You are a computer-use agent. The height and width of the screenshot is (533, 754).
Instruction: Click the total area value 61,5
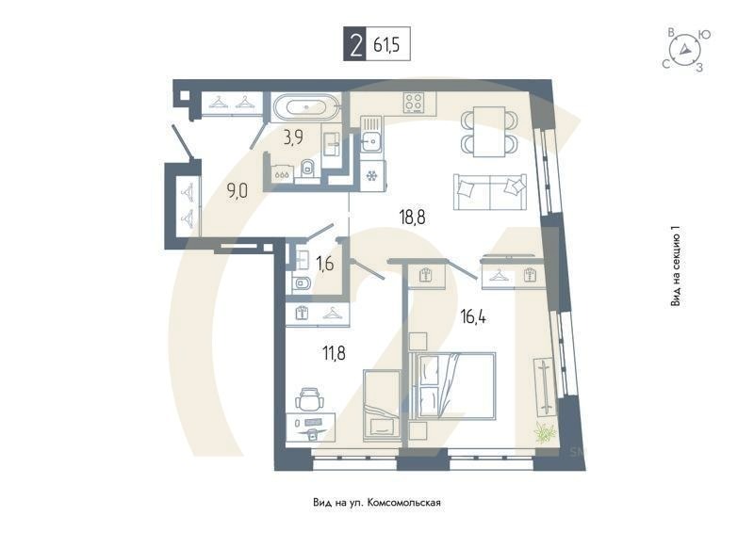(x=390, y=45)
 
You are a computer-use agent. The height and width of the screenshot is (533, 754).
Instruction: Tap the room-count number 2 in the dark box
(x=355, y=45)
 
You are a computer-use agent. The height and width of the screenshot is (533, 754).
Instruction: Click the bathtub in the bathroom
(x=306, y=108)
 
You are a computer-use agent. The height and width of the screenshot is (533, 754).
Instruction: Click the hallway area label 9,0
(x=237, y=189)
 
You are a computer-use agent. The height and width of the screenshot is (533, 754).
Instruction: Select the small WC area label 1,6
(x=325, y=264)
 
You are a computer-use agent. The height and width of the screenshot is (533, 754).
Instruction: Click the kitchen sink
(x=372, y=141)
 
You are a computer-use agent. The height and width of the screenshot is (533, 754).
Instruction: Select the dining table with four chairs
(x=489, y=132)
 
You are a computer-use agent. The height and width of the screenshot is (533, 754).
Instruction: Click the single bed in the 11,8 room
(x=383, y=402)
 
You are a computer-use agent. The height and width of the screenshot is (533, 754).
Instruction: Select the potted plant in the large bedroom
(x=543, y=432)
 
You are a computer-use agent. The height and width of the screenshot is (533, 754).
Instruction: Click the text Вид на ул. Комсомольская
(x=376, y=503)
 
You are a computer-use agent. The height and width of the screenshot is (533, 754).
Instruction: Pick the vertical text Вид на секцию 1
(x=675, y=267)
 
